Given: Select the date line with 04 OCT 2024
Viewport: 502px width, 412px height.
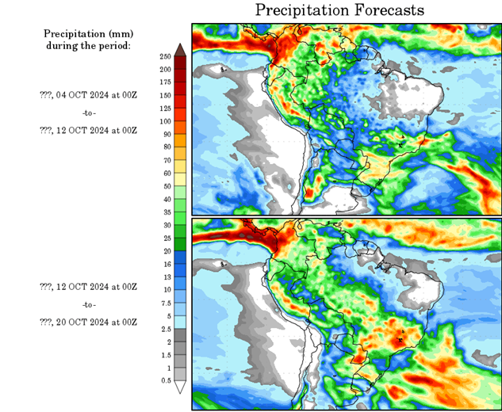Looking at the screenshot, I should click(88, 94).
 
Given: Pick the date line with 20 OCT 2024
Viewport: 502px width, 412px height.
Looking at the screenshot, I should click(88, 322).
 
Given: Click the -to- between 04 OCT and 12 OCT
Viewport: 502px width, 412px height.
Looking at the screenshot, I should click(88, 112).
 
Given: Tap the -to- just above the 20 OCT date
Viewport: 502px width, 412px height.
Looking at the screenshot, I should click(88, 304).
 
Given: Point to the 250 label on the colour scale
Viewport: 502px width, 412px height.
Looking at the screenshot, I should click(165, 57).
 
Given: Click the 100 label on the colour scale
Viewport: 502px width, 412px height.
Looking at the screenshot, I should click(165, 121).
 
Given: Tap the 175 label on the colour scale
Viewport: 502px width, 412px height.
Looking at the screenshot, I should click(165, 82).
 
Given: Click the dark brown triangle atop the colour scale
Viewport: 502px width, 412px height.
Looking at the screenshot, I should click(180, 49).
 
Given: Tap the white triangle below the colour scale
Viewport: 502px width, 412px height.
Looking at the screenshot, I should click(180, 387).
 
